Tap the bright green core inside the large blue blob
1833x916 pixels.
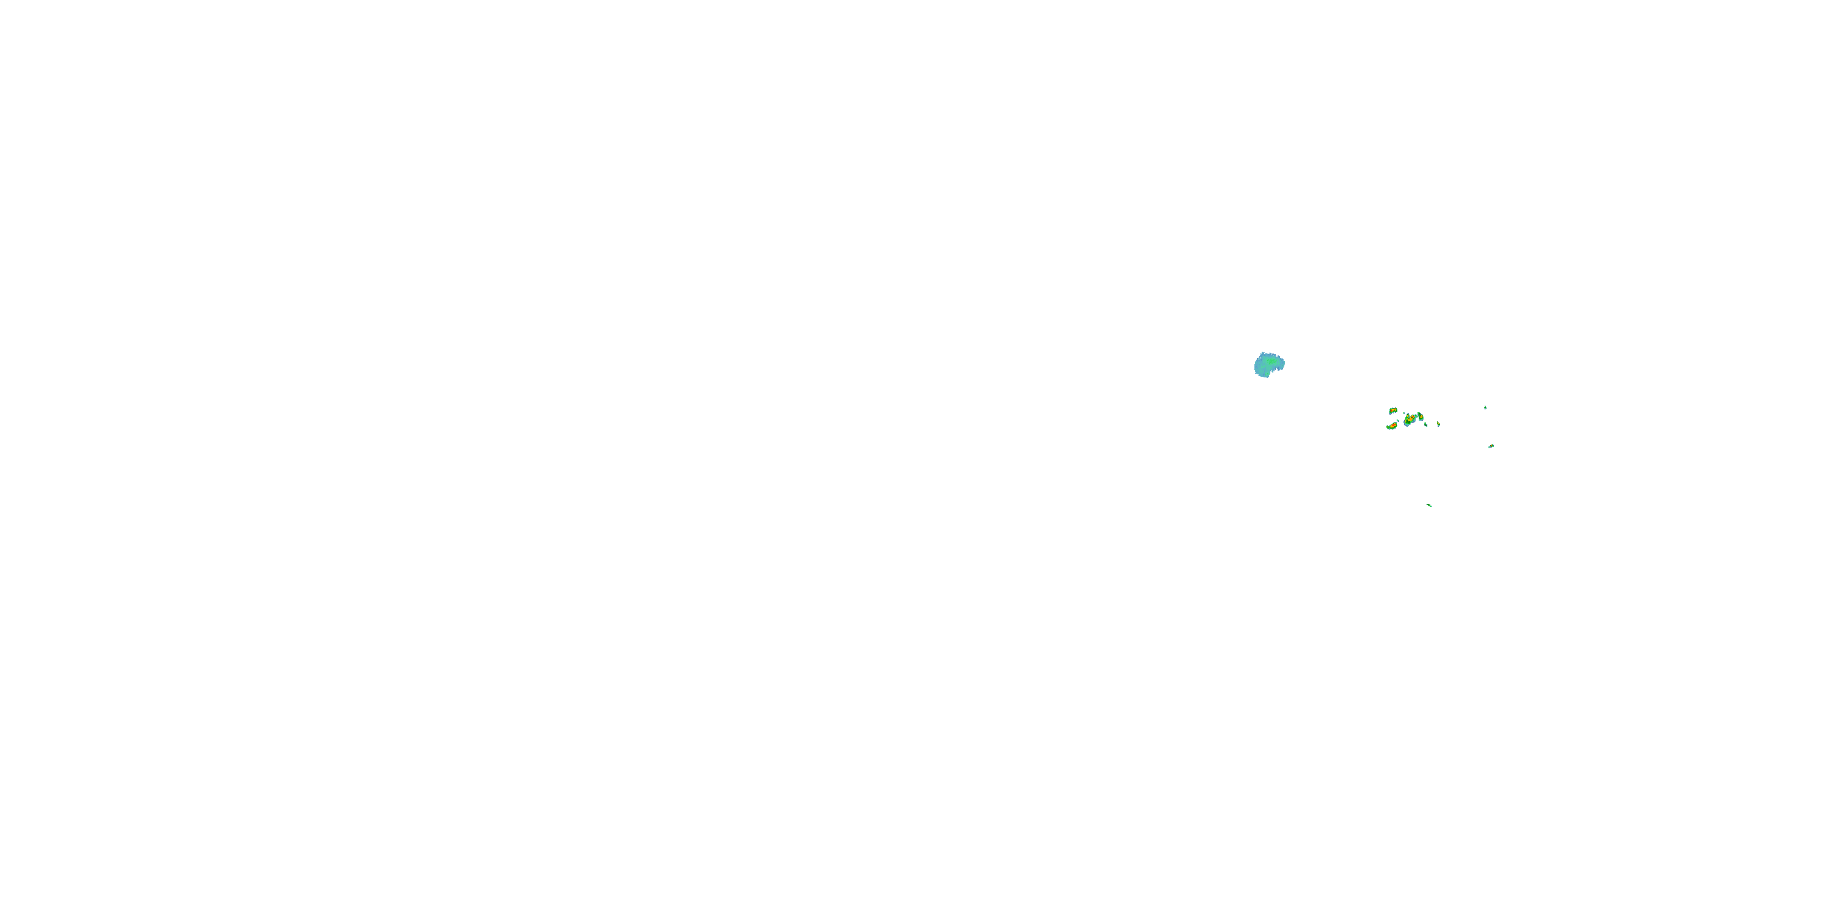pos(1271,362)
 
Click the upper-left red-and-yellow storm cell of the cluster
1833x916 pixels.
pos(1393,410)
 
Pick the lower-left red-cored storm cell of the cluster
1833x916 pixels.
pos(1393,426)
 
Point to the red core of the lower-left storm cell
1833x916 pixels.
pos(1394,424)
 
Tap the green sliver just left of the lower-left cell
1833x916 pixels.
pos(1388,427)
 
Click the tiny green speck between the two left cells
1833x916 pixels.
pos(1398,421)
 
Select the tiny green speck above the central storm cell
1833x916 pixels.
pos(1405,413)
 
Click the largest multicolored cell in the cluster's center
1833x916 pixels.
pos(1410,420)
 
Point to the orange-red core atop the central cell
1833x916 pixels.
pos(1413,416)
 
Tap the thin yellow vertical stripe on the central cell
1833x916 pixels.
pos(1406,421)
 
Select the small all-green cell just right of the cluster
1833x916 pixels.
pos(1426,424)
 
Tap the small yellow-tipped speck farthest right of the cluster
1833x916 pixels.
pos(1439,424)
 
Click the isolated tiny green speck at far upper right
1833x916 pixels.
pos(1486,407)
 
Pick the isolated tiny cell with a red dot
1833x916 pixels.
pos(1491,446)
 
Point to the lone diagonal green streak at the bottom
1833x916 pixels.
pos(1429,505)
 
